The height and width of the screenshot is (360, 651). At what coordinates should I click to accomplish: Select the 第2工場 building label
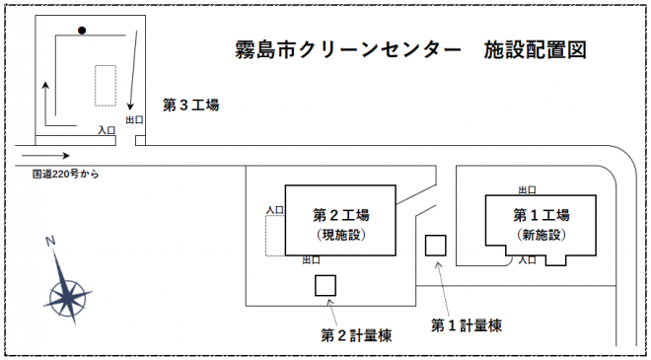pyautogui.click(x=340, y=214)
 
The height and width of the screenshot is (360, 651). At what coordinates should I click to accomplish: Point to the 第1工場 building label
pyautogui.click(x=542, y=214)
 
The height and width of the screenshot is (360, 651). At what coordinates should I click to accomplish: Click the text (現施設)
pyautogui.click(x=340, y=235)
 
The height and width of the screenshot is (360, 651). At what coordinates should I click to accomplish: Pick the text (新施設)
pyautogui.click(x=542, y=235)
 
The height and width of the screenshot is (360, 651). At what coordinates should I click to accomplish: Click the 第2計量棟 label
pyautogui.click(x=357, y=334)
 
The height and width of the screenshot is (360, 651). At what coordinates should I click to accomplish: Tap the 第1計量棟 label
pyautogui.click(x=468, y=324)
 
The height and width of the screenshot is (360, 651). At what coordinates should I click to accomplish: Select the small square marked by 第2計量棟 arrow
pyautogui.click(x=325, y=285)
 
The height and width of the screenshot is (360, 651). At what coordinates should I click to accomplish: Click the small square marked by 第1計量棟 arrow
pyautogui.click(x=435, y=246)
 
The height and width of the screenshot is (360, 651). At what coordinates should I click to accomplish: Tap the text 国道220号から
pyautogui.click(x=66, y=175)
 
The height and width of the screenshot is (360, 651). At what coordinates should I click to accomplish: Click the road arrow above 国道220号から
pyautogui.click(x=45, y=155)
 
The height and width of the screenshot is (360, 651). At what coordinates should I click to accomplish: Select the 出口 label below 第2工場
pyautogui.click(x=311, y=260)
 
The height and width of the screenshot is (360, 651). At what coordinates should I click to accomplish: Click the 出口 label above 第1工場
pyautogui.click(x=528, y=190)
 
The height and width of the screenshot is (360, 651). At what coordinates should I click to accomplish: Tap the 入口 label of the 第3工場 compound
pyautogui.click(x=108, y=129)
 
